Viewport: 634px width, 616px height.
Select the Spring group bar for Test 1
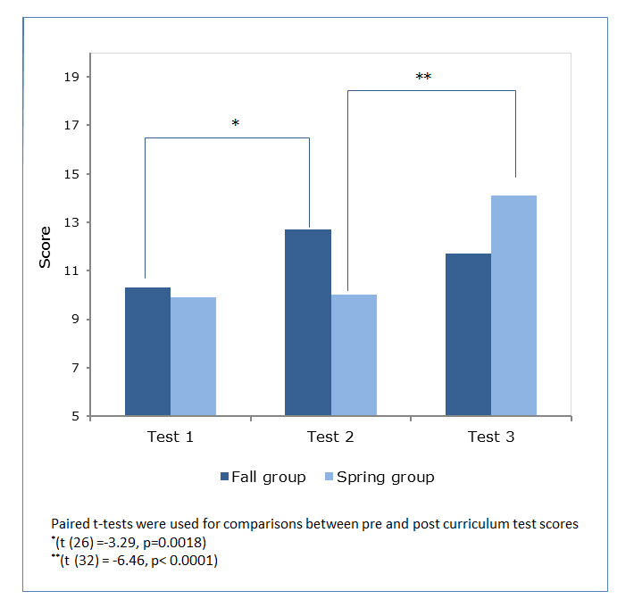point(193,356)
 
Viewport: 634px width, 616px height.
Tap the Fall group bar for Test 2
point(308,322)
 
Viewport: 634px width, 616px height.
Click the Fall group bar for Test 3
point(468,335)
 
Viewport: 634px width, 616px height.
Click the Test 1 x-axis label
point(170,437)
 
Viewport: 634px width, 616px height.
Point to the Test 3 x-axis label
point(490,437)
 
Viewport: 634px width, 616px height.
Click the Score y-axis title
point(45,246)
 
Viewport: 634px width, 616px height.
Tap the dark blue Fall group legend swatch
point(224,477)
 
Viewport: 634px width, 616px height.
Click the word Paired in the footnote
point(71,525)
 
